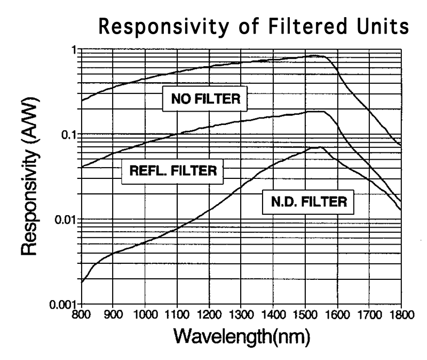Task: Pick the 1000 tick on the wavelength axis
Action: tap(145, 314)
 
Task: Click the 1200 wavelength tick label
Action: tap(209, 314)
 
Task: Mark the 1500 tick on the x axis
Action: tap(305, 314)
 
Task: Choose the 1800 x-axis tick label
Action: tap(401, 314)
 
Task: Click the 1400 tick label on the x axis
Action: tap(273, 314)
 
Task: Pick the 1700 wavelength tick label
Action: tap(369, 314)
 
